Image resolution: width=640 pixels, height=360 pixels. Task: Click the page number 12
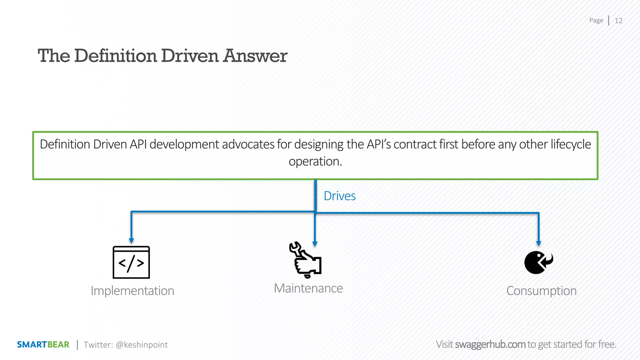[618, 21]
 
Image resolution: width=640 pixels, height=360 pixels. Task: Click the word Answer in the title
[255, 56]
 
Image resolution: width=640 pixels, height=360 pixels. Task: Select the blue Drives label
[340, 196]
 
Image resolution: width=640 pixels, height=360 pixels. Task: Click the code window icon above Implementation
[131, 262]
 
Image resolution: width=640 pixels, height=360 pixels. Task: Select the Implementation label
[132, 291]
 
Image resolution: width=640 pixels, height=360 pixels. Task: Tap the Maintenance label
[308, 288]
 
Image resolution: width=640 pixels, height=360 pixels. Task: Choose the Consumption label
[541, 291]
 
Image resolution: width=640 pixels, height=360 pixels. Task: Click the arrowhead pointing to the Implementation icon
[132, 241]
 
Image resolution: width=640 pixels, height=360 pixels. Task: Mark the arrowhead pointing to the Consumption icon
[538, 243]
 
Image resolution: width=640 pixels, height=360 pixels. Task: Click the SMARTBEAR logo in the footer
[43, 345]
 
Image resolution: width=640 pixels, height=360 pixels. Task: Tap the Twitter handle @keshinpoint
[142, 345]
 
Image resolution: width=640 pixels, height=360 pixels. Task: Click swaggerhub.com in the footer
[490, 344]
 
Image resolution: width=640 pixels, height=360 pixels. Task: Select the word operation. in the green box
[315, 162]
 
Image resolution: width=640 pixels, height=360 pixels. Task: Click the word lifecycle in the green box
[571, 144]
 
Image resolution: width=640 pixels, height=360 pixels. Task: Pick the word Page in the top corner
[596, 21]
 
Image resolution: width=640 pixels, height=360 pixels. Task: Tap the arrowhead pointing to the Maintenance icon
[315, 244]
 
